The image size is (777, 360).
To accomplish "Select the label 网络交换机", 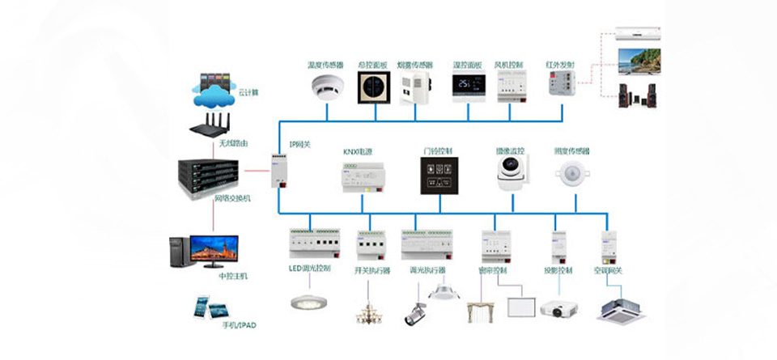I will (x=231, y=197).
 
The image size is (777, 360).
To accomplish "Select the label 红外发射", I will (x=559, y=64).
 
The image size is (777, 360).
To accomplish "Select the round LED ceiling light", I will (x=308, y=302).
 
